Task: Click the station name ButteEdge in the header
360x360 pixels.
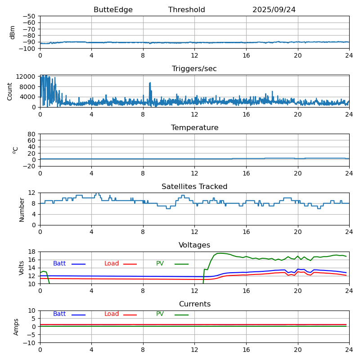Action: click(113, 10)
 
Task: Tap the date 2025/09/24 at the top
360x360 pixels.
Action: click(274, 10)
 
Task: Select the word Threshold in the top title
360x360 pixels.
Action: click(186, 10)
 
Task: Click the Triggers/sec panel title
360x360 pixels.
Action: click(194, 69)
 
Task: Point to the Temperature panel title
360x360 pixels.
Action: click(194, 128)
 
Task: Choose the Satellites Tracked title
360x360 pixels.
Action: click(194, 187)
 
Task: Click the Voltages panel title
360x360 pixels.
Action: click(194, 245)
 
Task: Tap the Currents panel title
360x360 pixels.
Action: click(194, 304)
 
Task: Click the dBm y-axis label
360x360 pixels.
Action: click(13, 32)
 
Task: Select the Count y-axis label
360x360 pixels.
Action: click(10, 91)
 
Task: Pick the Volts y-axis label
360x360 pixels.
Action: click(22, 268)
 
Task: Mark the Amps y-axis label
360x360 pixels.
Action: click(16, 327)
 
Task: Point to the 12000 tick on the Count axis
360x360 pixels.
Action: click(26, 76)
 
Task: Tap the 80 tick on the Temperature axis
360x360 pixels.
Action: click(32, 134)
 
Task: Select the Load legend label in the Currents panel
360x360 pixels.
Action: click(112, 314)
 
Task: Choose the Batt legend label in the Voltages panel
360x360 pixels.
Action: click(59, 264)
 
